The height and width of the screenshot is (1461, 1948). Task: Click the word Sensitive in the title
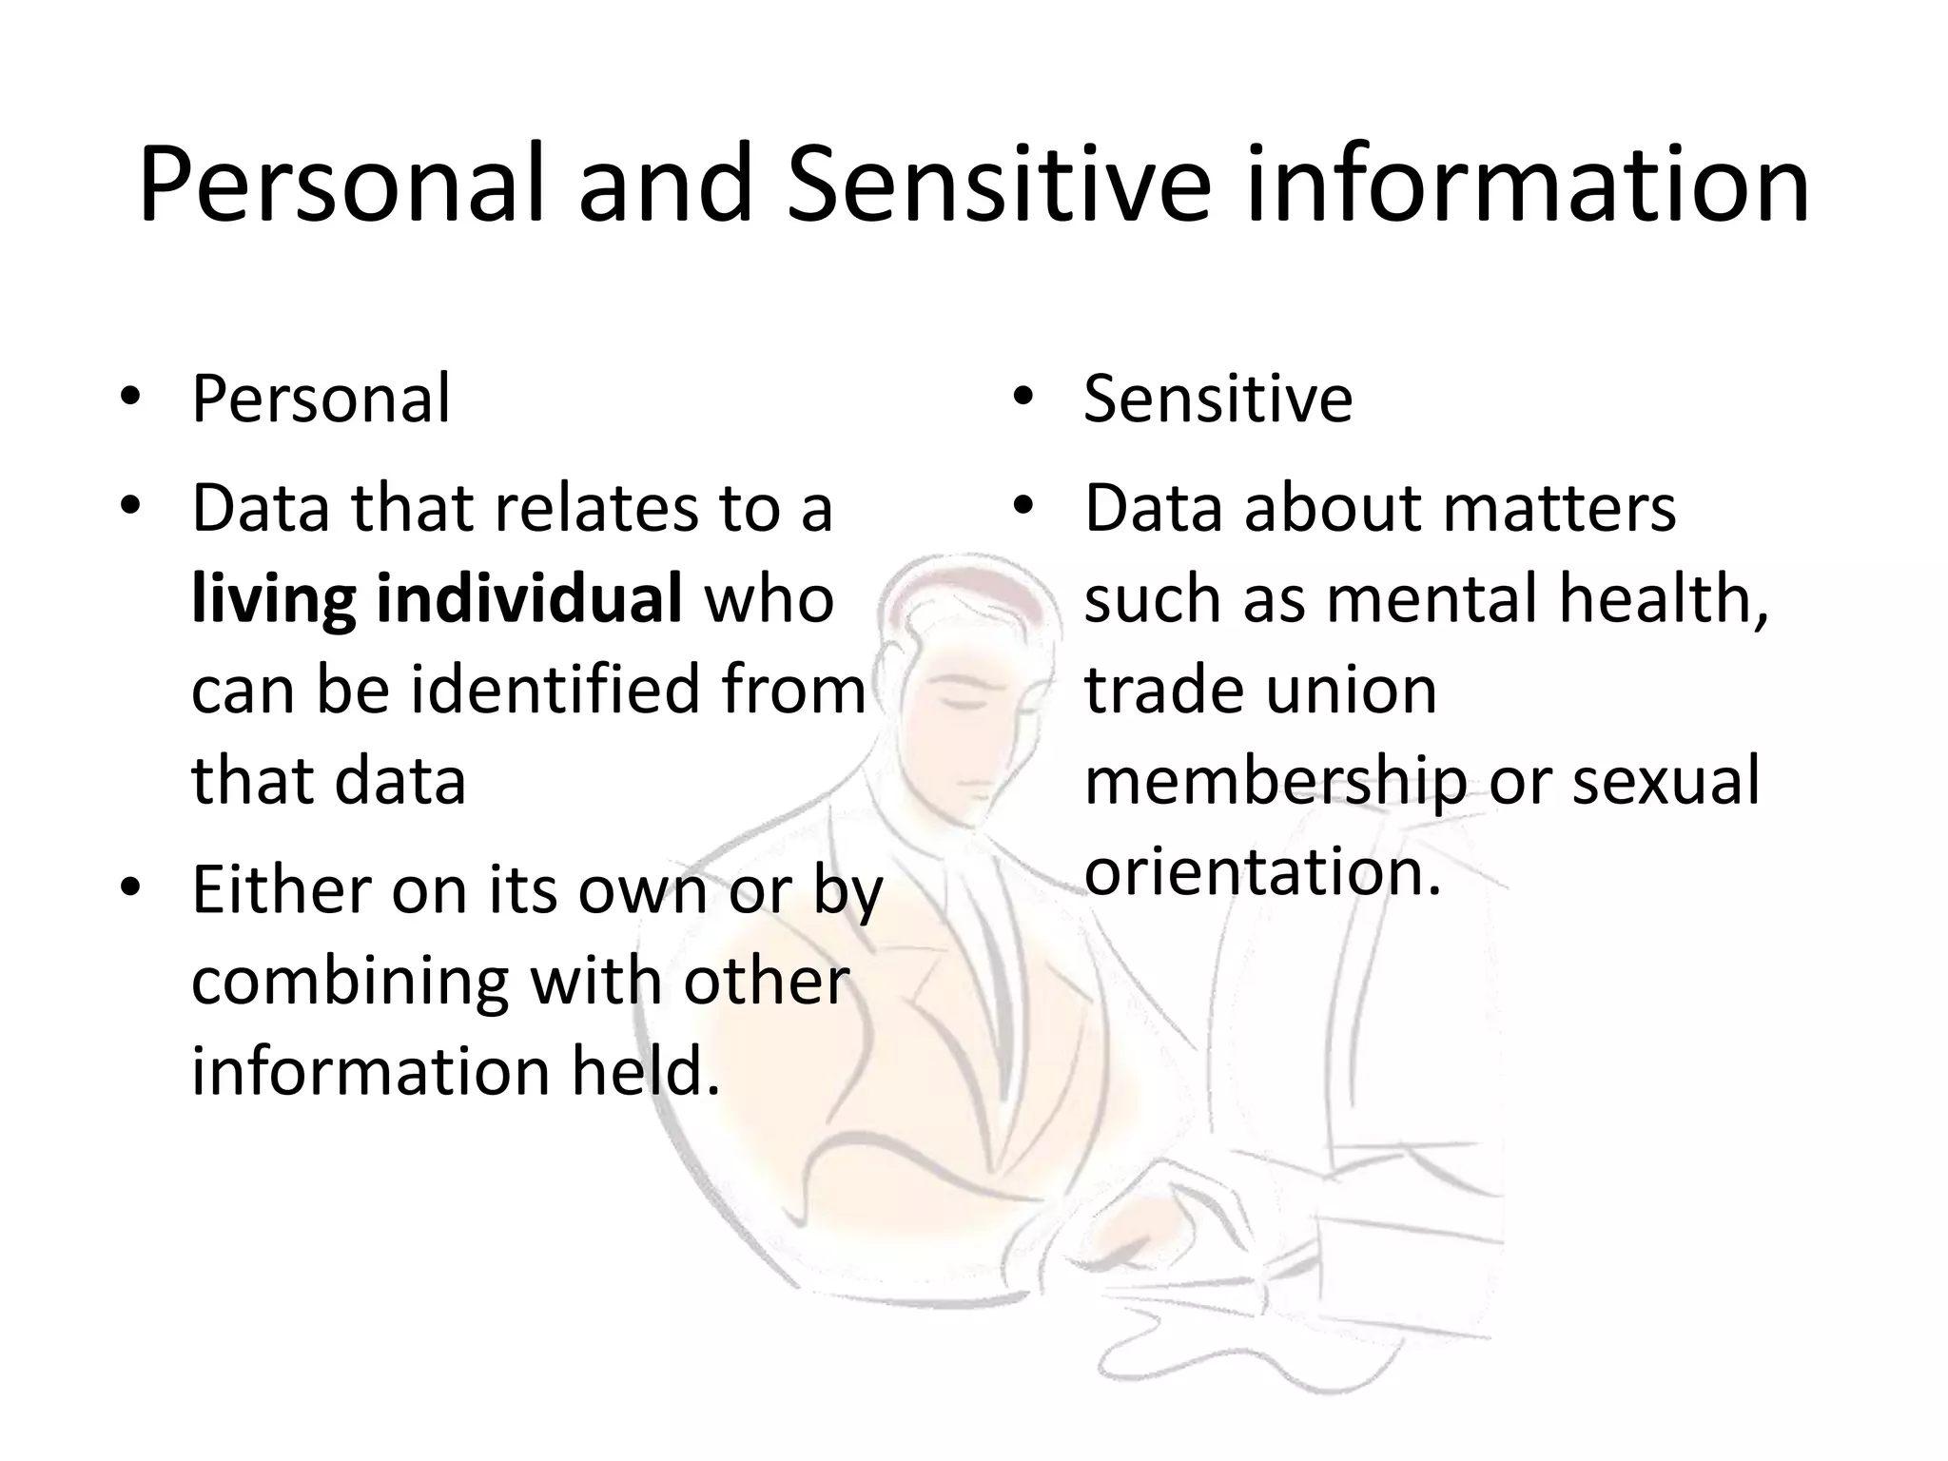click(999, 185)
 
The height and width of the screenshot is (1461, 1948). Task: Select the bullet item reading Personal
click(321, 399)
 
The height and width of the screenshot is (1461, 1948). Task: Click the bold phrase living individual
click(437, 601)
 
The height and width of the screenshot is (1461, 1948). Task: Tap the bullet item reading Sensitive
click(1217, 399)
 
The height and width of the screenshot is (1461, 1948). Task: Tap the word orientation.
click(1262, 871)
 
